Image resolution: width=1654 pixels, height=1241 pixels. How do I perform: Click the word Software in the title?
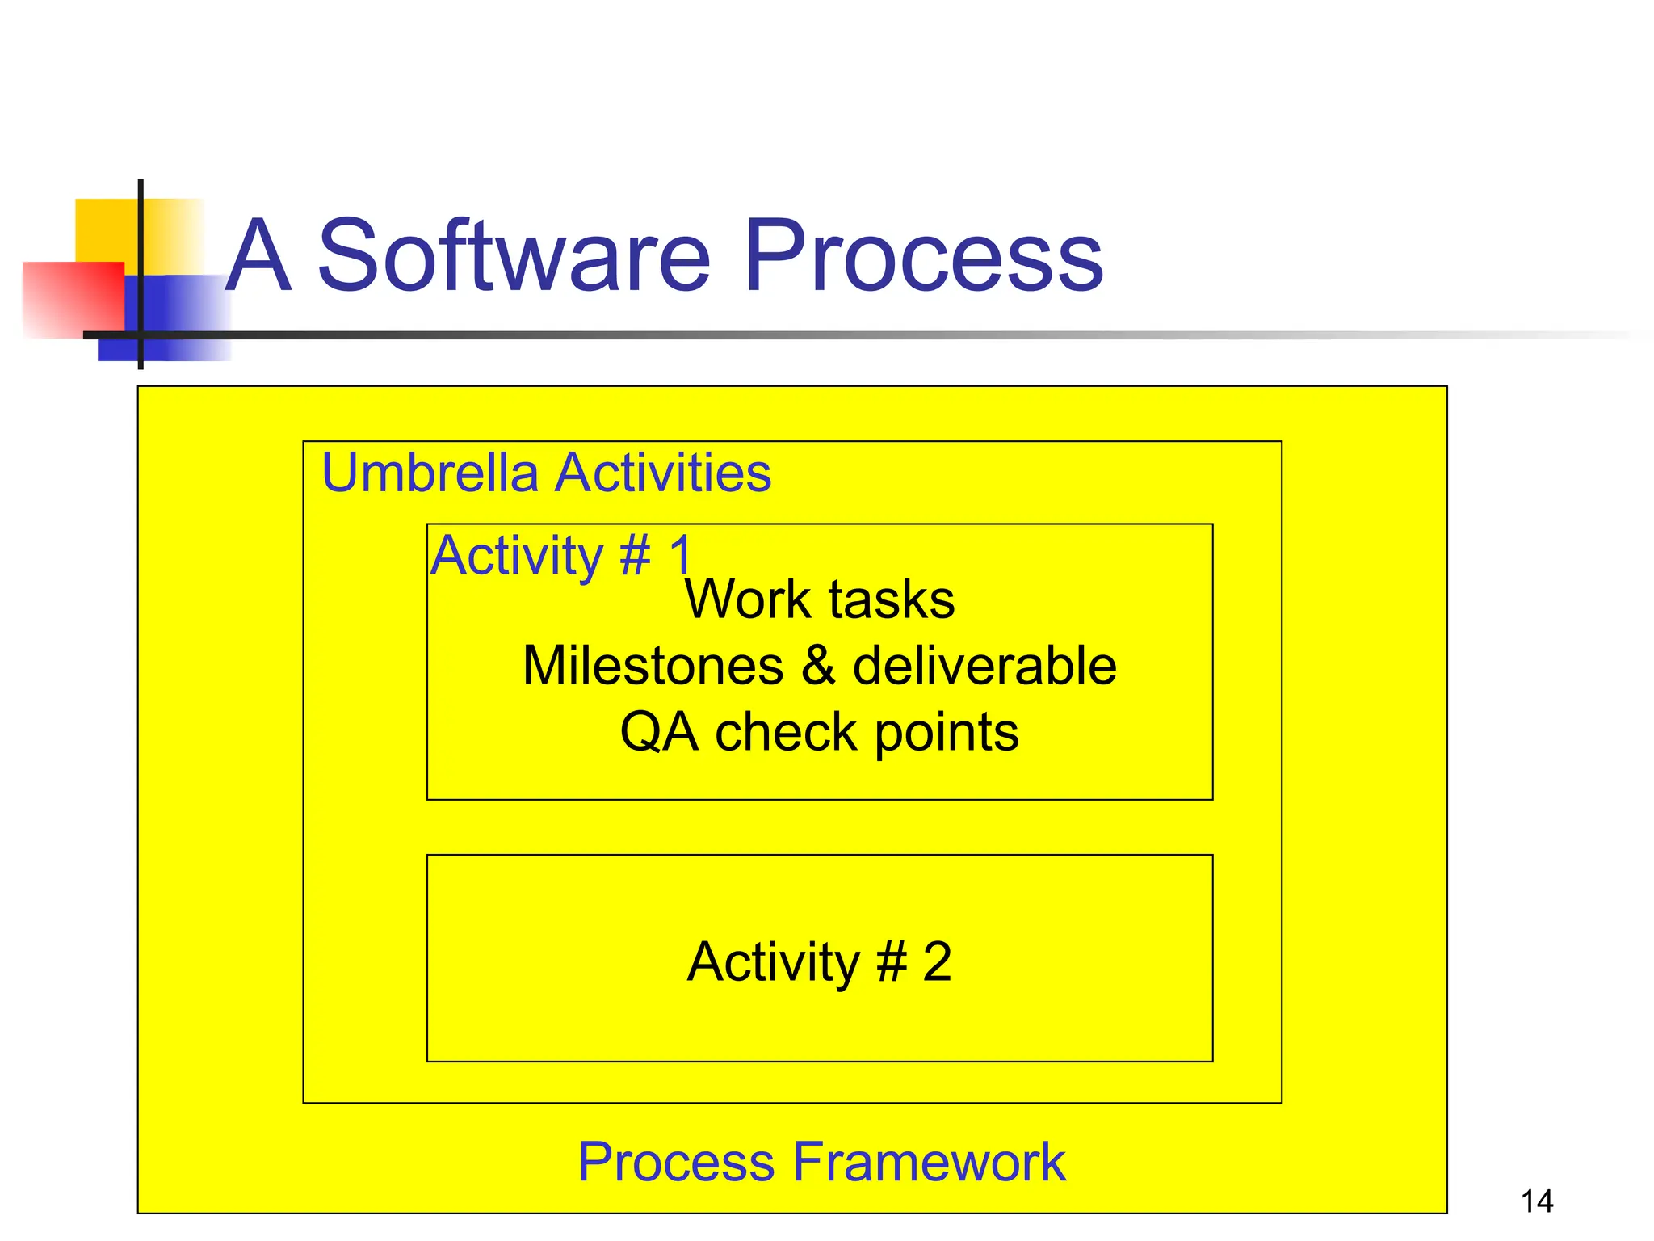tap(514, 257)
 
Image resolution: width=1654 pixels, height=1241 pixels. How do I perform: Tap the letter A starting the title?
tap(257, 257)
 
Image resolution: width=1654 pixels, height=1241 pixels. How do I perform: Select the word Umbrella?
tap(430, 473)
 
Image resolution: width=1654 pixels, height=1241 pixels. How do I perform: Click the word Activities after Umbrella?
tap(664, 473)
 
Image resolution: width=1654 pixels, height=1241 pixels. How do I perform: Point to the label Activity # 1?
tap(561, 556)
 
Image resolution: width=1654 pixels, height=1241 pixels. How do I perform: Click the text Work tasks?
tap(819, 599)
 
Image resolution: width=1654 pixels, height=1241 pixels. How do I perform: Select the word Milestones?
tap(653, 666)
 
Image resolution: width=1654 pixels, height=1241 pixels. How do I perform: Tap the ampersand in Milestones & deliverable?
tap(818, 666)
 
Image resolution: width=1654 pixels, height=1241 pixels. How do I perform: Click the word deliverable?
tap(984, 666)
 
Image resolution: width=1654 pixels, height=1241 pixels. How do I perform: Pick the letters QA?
tap(658, 733)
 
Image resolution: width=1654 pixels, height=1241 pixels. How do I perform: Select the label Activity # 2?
tap(819, 961)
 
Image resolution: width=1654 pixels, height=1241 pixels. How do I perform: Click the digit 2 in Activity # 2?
tap(937, 961)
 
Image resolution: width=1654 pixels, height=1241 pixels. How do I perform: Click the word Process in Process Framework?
tap(676, 1162)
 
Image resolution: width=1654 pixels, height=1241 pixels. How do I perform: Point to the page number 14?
tap(1536, 1201)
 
